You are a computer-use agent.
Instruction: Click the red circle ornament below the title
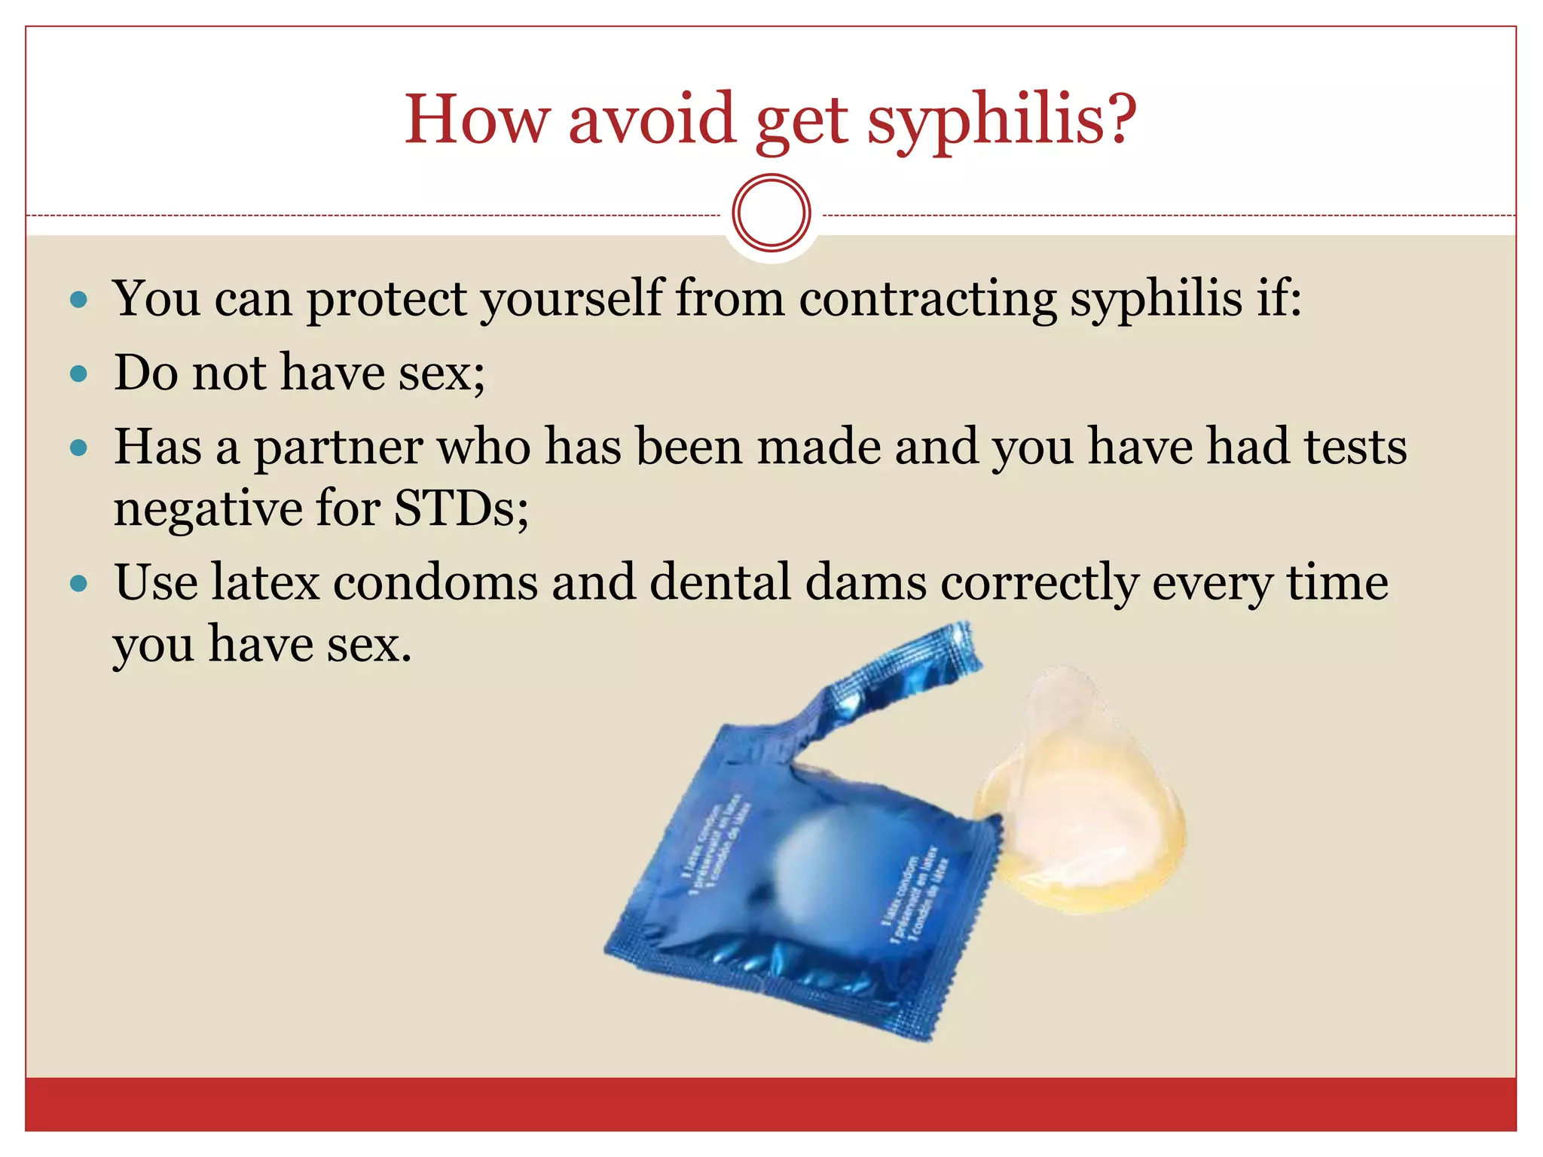click(x=771, y=213)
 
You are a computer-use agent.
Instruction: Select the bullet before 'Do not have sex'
click(x=78, y=374)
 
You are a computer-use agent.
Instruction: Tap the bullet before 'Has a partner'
click(x=78, y=448)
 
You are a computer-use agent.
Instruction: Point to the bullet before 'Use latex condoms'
click(x=78, y=583)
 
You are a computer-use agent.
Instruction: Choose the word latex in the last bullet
click(x=265, y=582)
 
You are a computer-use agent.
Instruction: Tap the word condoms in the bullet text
click(x=435, y=582)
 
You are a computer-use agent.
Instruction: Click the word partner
click(x=338, y=448)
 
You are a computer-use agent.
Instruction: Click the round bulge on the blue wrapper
click(x=817, y=859)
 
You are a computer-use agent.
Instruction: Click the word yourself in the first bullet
click(x=573, y=300)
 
